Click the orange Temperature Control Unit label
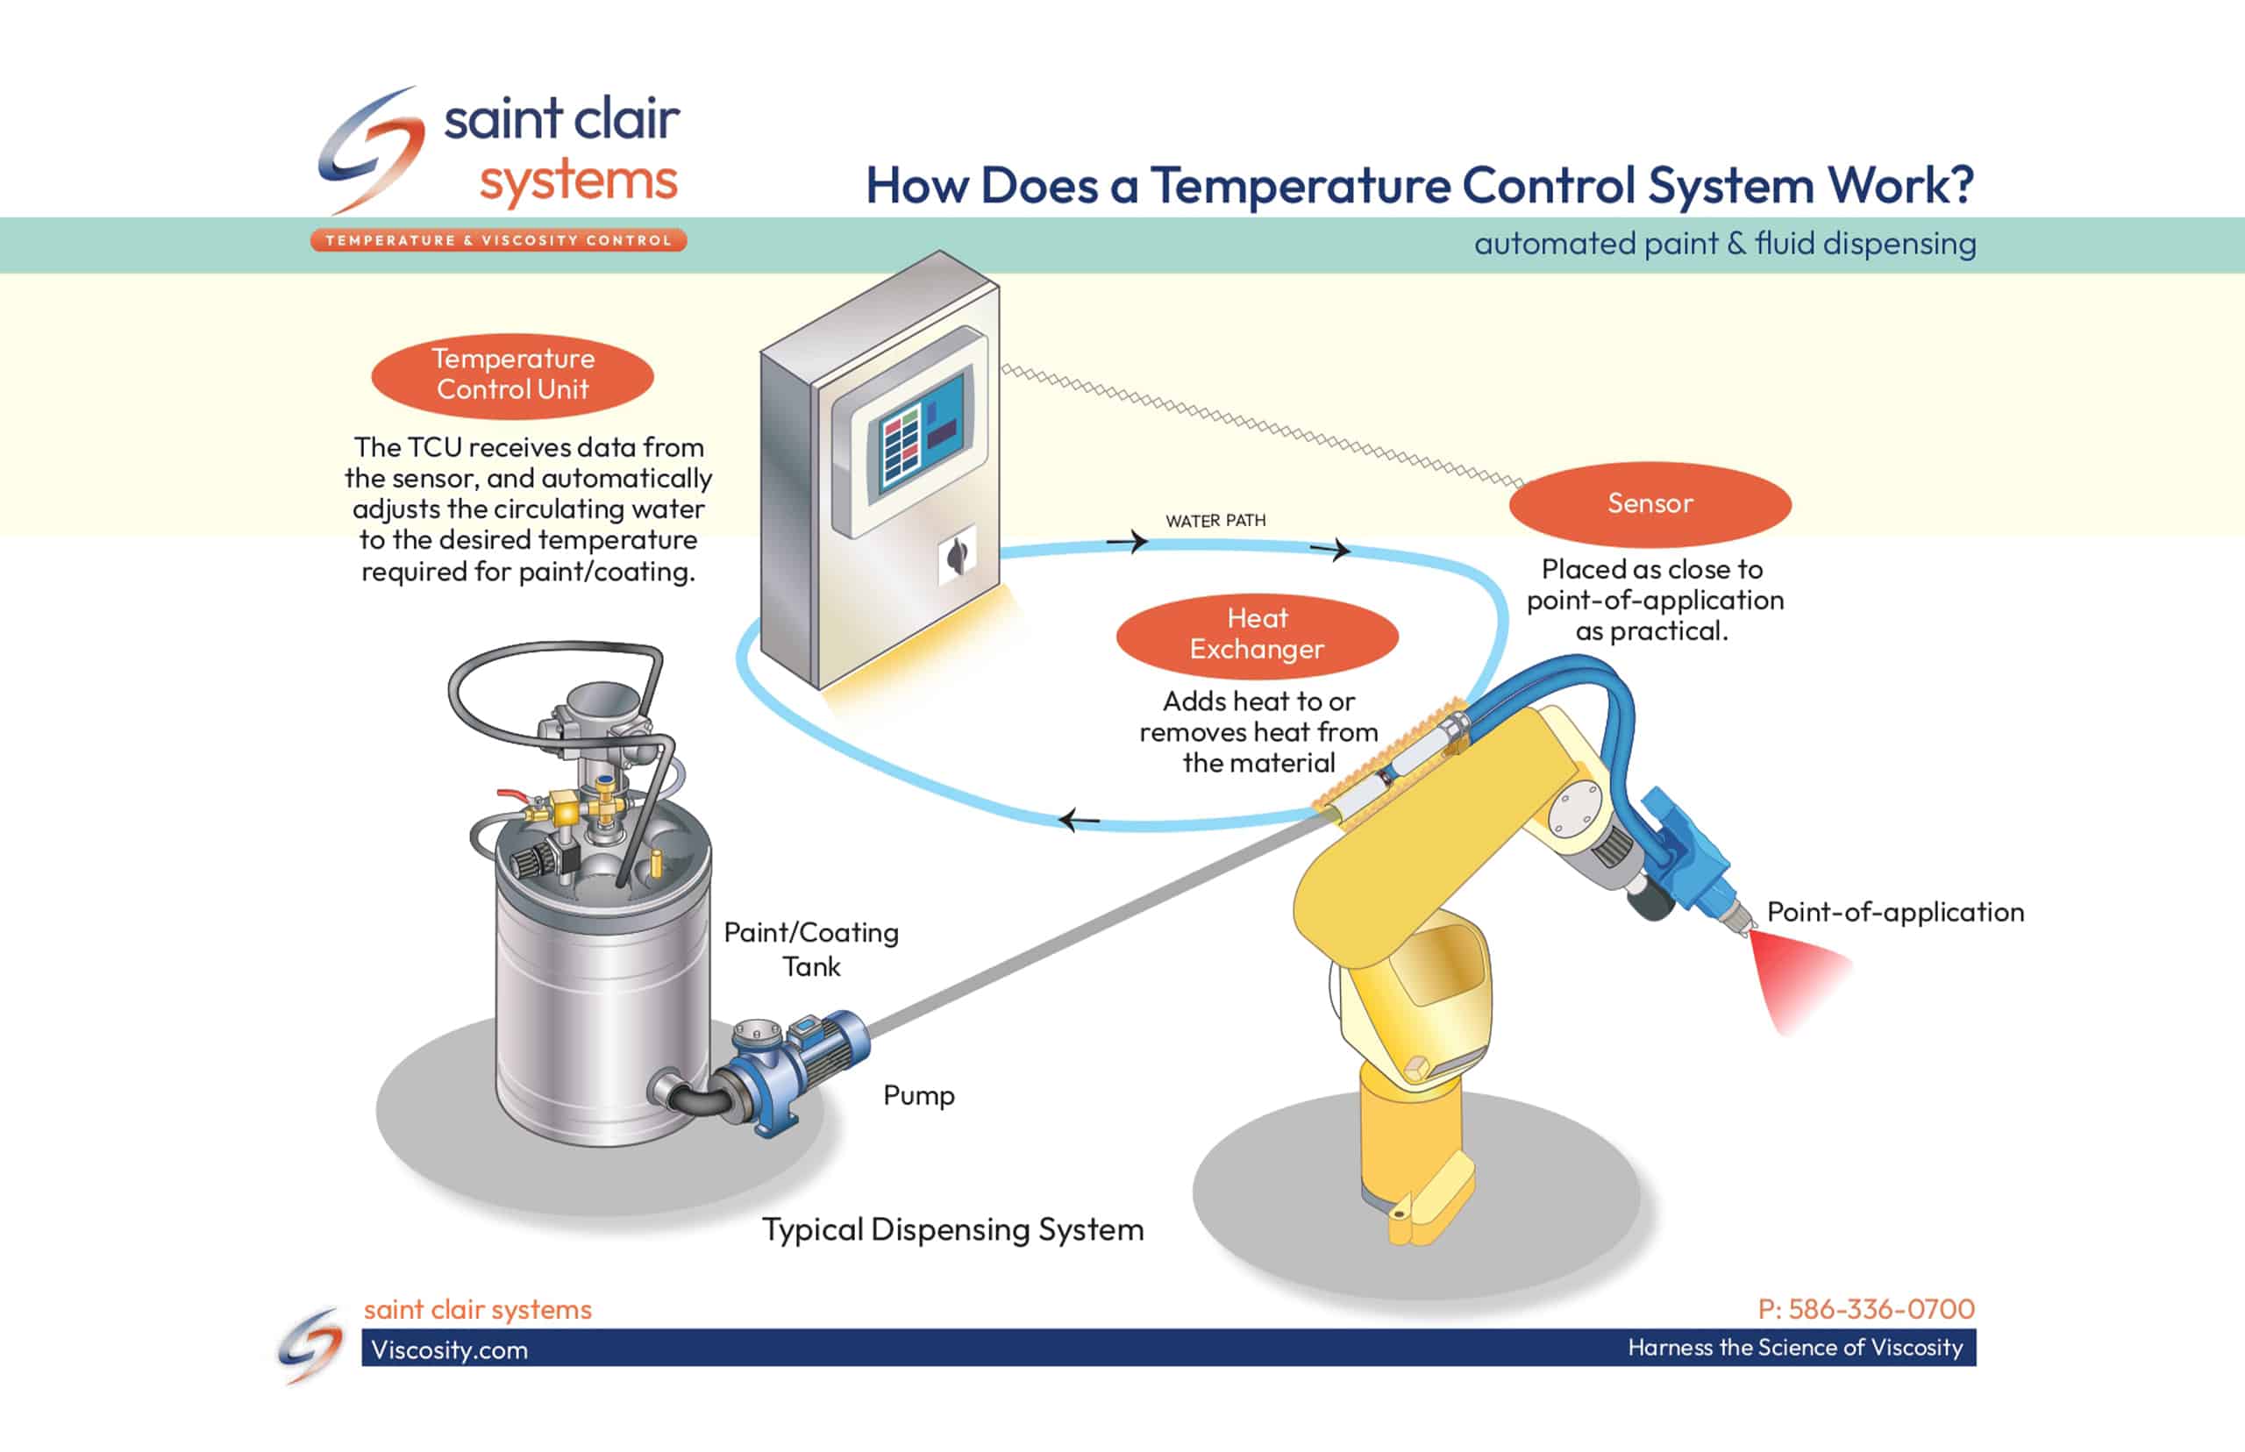pyautogui.click(x=512, y=375)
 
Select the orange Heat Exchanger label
pyautogui.click(x=1256, y=634)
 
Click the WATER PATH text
pyautogui.click(x=1215, y=521)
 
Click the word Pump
pyautogui.click(x=918, y=1096)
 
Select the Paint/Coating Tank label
pyautogui.click(x=811, y=949)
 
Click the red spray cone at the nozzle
pyautogui.click(x=1796, y=980)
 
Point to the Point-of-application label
pyautogui.click(x=1894, y=912)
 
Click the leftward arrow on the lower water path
pyautogui.click(x=1077, y=821)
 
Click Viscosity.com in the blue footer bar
pyautogui.click(x=449, y=1349)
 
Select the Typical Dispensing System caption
pyautogui.click(x=952, y=1229)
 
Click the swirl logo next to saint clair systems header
pyautogui.click(x=369, y=151)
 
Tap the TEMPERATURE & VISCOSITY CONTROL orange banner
pyautogui.click(x=498, y=240)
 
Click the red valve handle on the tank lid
pyautogui.click(x=510, y=797)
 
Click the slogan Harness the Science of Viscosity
pyautogui.click(x=1794, y=1348)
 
